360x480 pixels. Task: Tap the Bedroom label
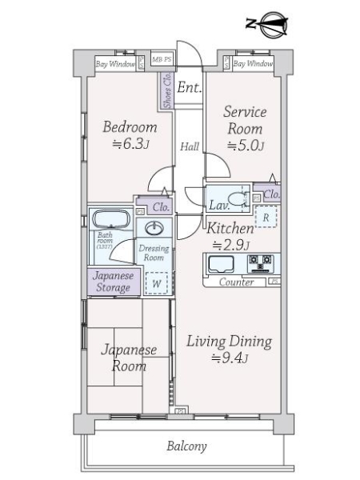tap(130, 127)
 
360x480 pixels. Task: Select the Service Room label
tap(245, 120)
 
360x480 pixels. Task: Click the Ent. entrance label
tap(189, 87)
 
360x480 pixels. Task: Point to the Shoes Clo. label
tap(167, 90)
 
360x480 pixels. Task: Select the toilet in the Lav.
tap(235, 199)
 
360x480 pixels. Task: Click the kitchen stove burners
tap(261, 262)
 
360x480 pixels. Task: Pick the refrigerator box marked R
tap(265, 216)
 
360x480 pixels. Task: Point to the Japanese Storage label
tap(113, 281)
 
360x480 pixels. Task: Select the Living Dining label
tap(229, 342)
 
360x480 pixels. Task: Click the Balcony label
tap(187, 446)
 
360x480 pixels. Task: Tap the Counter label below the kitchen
tap(236, 282)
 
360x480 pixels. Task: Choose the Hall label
tap(190, 146)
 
